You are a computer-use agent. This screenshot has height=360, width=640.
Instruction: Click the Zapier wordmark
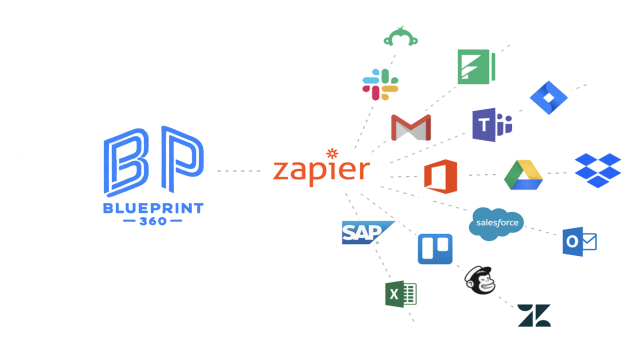click(x=322, y=170)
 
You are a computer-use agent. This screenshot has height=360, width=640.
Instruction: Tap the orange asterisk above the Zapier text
click(x=330, y=152)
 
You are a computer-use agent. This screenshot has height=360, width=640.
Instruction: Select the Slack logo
click(x=380, y=85)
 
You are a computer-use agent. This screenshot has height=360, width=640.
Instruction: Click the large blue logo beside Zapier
click(x=153, y=175)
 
